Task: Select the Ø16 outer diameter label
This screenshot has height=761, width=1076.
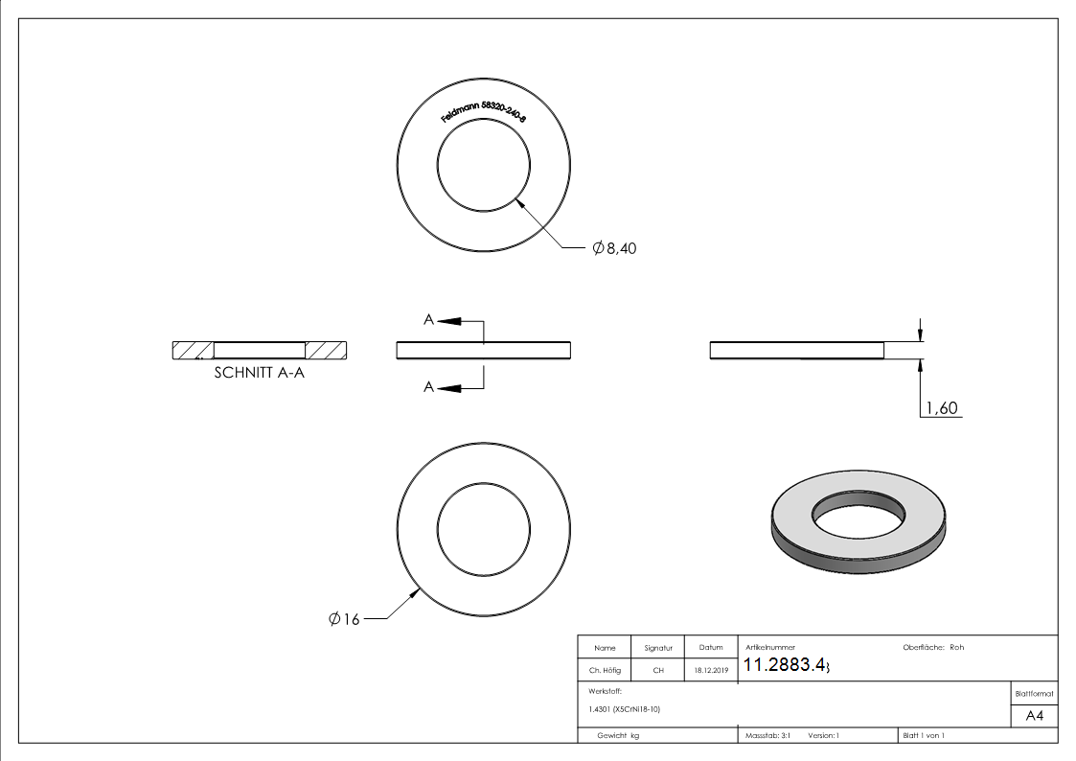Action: pyautogui.click(x=343, y=619)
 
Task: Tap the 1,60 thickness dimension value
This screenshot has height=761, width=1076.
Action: pyautogui.click(x=940, y=409)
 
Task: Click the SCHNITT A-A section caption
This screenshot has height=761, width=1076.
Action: pyautogui.click(x=260, y=374)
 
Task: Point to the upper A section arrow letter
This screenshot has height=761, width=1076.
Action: pyautogui.click(x=429, y=320)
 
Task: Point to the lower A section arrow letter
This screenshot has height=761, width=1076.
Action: pyautogui.click(x=429, y=386)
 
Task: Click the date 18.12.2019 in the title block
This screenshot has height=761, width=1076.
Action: pyautogui.click(x=711, y=671)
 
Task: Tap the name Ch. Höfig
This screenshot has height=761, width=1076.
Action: pyautogui.click(x=604, y=671)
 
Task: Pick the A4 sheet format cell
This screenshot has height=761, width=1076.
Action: pyautogui.click(x=1034, y=716)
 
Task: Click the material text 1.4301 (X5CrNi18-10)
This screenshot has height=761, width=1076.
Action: pyautogui.click(x=624, y=709)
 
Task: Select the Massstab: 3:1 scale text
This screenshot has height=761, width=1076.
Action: pyautogui.click(x=767, y=735)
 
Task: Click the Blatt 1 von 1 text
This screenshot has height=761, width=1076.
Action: pyautogui.click(x=923, y=735)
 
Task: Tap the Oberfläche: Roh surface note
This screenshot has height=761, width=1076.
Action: pyautogui.click(x=932, y=648)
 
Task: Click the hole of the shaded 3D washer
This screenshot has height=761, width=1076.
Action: pyautogui.click(x=859, y=519)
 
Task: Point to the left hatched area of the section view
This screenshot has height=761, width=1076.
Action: pyautogui.click(x=193, y=350)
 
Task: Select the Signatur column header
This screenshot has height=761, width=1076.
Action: pyautogui.click(x=658, y=648)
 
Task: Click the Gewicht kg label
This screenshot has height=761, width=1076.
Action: pyautogui.click(x=617, y=735)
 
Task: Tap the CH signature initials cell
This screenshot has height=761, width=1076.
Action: pyautogui.click(x=658, y=671)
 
